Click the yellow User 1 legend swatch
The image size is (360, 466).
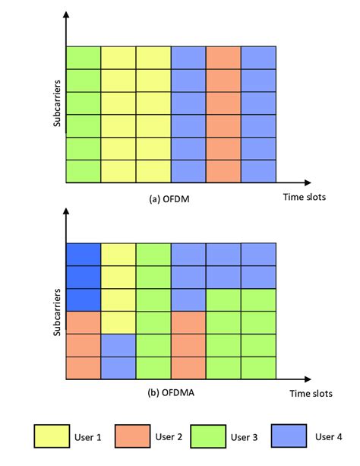52,436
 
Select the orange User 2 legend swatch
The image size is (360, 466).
132,436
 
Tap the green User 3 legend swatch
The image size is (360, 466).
208,436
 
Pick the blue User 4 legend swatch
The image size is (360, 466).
289,436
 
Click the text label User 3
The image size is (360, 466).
244,437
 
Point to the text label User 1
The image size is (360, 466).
87,437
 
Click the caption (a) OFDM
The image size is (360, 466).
169,199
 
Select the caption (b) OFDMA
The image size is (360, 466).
171,392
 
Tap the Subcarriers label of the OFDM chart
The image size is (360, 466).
57,103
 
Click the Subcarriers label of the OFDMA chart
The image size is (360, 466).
57,312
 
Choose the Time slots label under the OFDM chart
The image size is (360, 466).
304,197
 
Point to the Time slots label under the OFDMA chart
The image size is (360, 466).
311,394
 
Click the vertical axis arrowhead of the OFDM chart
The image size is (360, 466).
66,14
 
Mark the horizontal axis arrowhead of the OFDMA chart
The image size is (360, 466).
308,379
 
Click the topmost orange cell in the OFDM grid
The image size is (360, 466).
223,58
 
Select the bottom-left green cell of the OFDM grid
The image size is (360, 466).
84,171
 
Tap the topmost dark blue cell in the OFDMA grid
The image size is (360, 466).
84,255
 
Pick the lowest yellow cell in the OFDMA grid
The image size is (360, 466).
118,323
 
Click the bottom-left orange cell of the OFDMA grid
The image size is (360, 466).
84,368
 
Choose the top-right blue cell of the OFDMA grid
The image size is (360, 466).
258,255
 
